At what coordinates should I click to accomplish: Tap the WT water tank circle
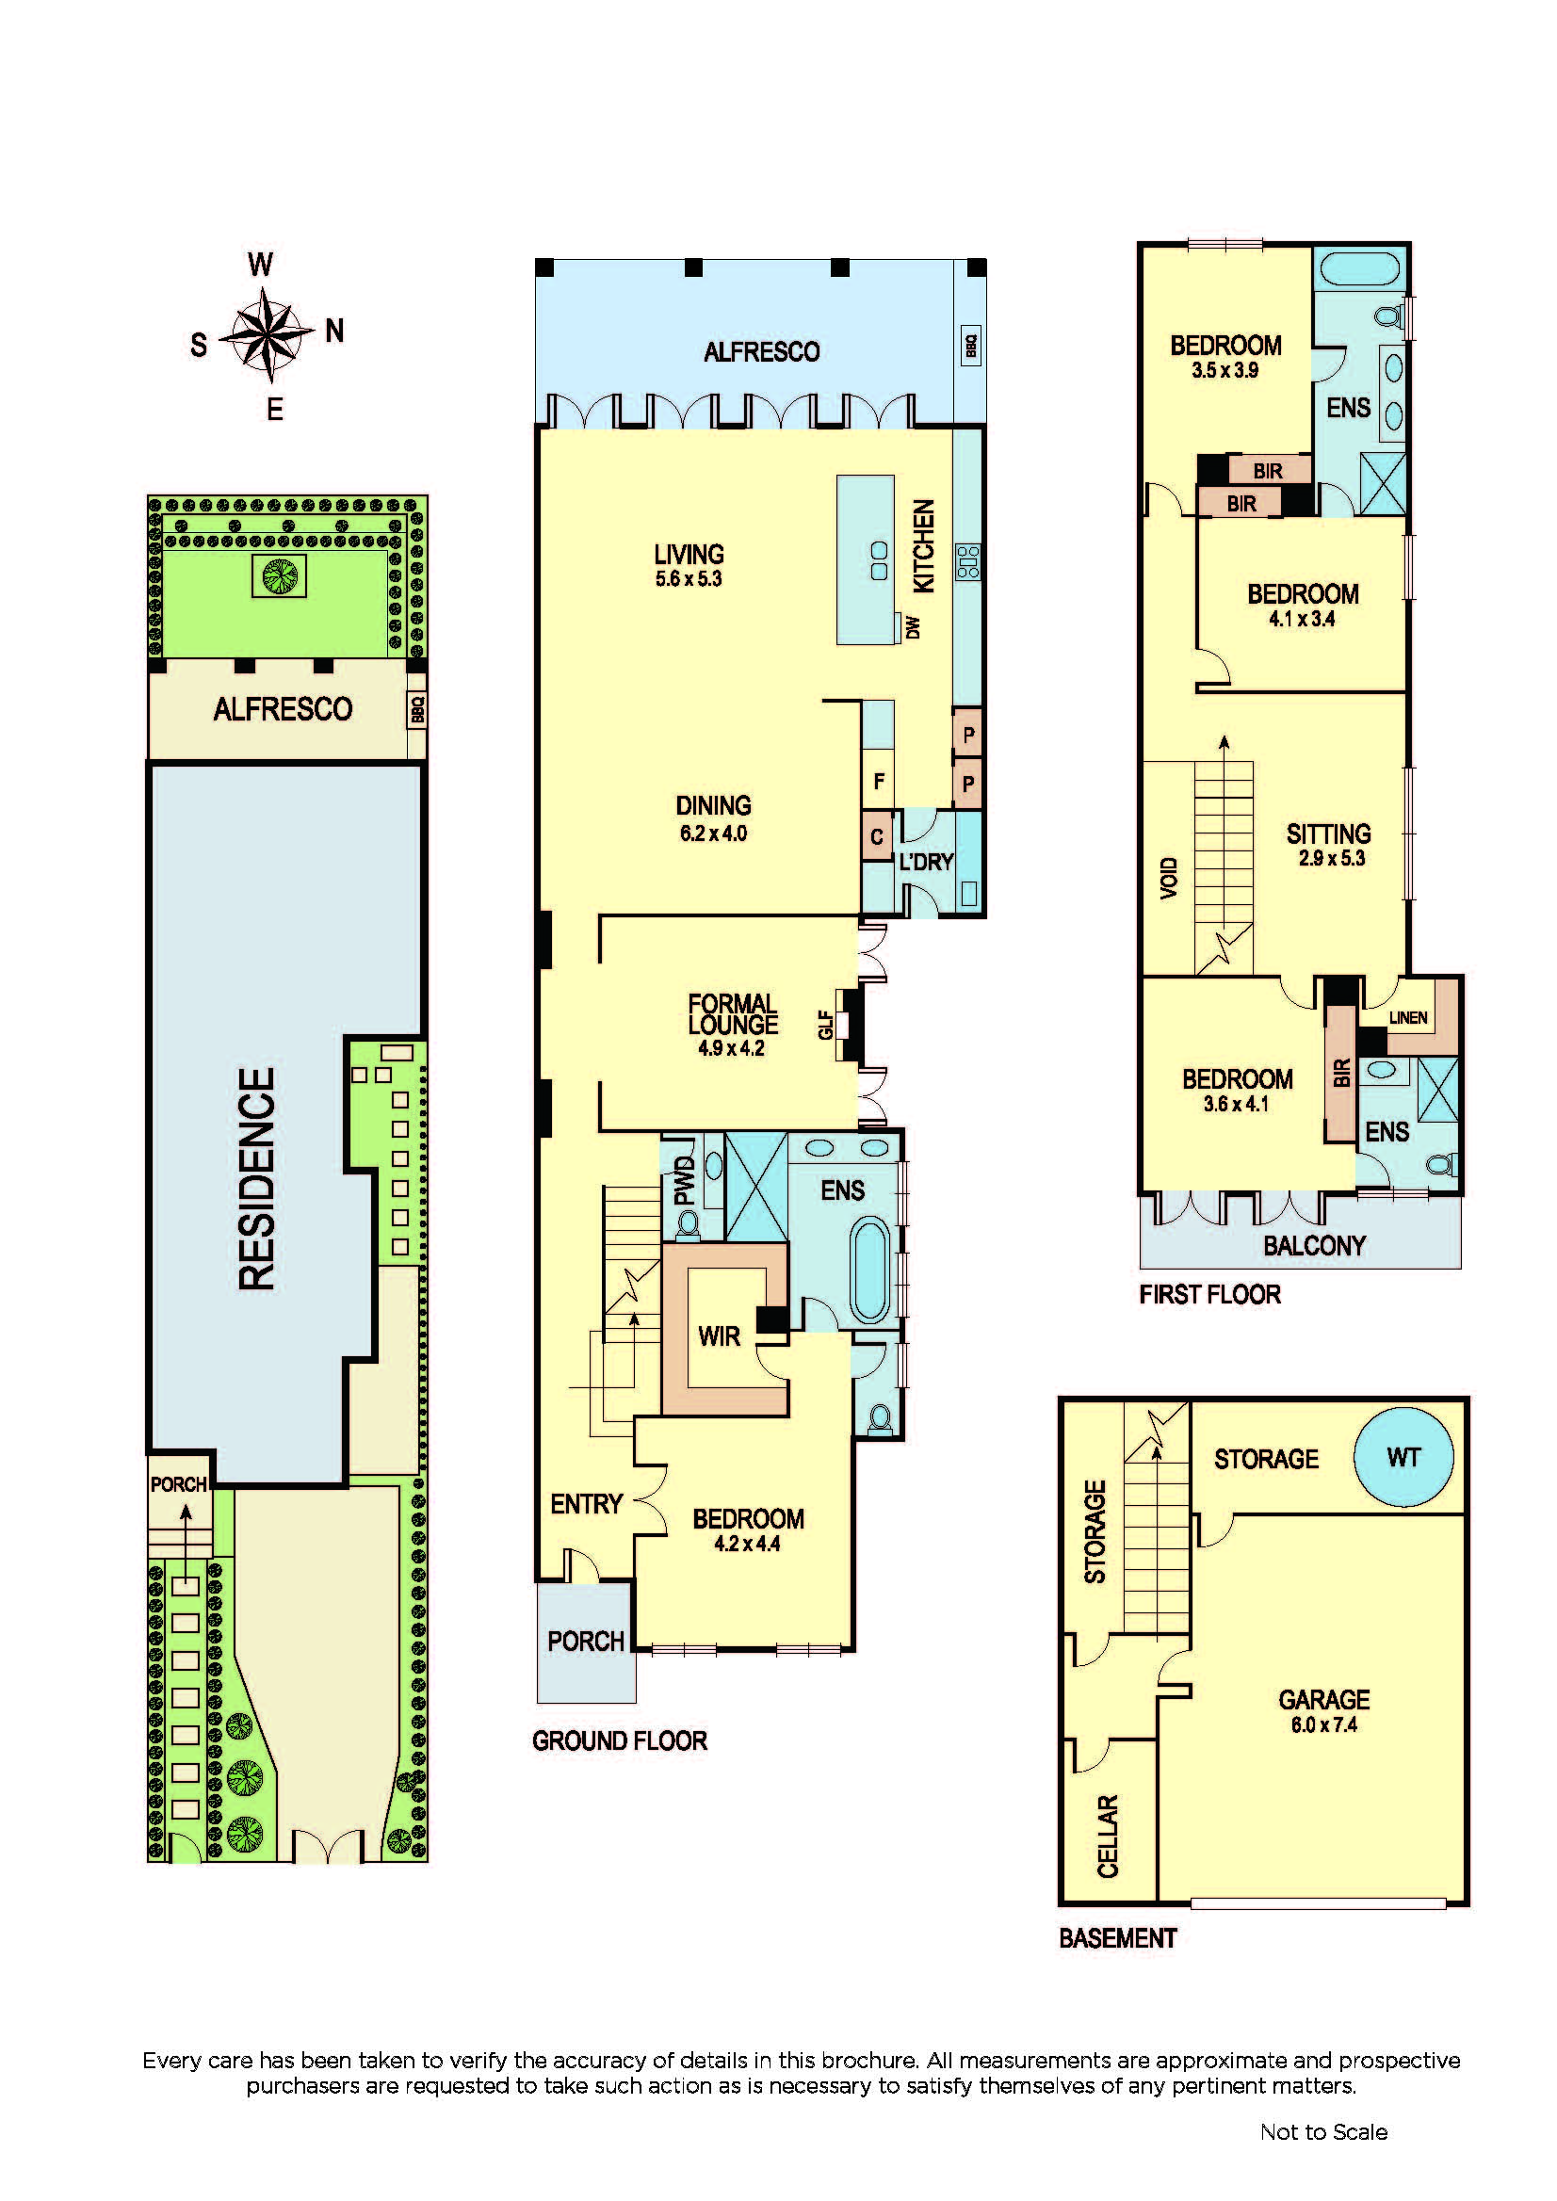tap(1403, 1456)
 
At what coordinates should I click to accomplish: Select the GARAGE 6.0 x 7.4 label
tap(1324, 1711)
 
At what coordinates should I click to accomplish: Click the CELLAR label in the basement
tap(1108, 1836)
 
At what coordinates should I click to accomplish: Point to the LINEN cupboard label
tap(1407, 1017)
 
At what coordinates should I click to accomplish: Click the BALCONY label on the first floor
tap(1313, 1245)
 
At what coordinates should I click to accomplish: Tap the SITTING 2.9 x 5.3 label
tap(1330, 845)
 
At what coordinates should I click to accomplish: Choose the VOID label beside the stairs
tap(1168, 877)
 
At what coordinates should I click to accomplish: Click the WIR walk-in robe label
tap(719, 1335)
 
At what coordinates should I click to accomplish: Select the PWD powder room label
tap(684, 1180)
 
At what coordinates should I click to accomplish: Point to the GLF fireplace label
tap(824, 1025)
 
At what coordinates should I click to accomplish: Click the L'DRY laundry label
tap(926, 862)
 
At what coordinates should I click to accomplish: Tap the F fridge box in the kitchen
tap(878, 781)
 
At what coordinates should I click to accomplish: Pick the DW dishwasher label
tap(913, 627)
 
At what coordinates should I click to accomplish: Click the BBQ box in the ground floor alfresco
tap(970, 345)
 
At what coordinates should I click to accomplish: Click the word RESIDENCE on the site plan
tap(256, 1178)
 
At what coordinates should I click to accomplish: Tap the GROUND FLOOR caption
tap(620, 1740)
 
